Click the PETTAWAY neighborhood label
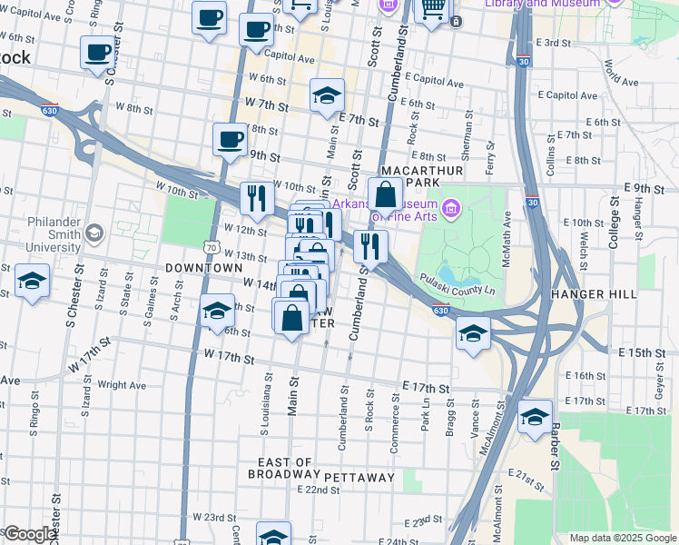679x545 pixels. click(359, 477)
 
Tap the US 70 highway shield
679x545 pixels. click(212, 246)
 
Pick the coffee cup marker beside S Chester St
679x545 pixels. click(97, 53)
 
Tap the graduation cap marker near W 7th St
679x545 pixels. click(327, 95)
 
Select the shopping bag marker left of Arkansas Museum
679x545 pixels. click(386, 193)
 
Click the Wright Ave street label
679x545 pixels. click(122, 385)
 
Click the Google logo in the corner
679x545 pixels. click(29, 534)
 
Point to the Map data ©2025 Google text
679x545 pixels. click(622, 538)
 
